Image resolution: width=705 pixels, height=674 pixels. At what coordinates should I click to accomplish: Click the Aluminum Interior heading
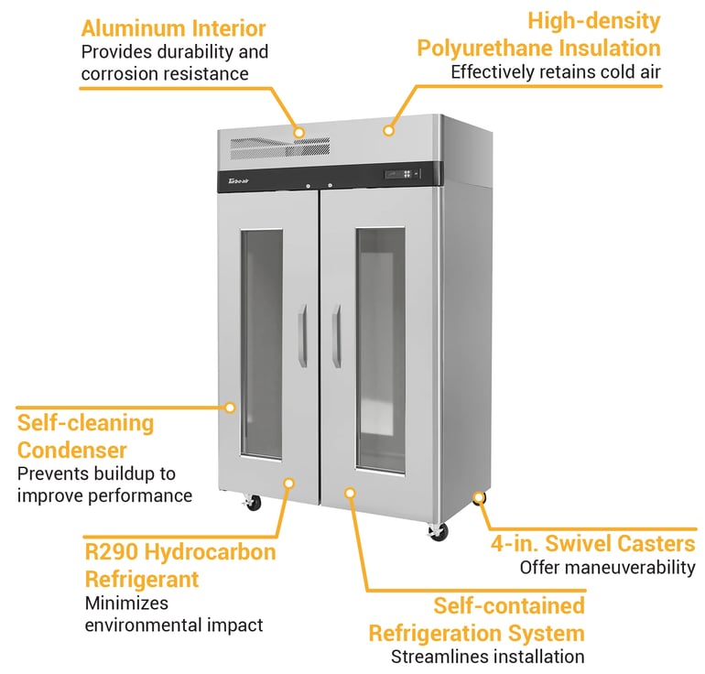[x=173, y=29]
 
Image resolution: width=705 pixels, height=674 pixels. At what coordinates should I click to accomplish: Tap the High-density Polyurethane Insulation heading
[x=538, y=34]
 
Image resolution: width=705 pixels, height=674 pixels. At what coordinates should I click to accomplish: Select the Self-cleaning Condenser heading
[x=85, y=437]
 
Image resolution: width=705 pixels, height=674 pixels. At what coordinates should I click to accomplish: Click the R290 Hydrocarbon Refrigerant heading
[x=179, y=566]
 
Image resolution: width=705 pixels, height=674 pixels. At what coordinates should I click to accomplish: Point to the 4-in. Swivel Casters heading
[x=593, y=544]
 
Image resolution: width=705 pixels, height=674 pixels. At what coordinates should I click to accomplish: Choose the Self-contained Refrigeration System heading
[x=476, y=619]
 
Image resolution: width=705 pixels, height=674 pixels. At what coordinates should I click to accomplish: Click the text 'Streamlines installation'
[x=487, y=657]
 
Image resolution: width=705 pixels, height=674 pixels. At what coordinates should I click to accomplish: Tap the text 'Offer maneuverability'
[x=607, y=568]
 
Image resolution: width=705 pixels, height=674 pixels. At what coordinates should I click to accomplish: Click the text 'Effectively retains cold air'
[x=555, y=71]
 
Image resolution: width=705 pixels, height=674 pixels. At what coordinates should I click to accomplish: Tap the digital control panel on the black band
[x=403, y=174]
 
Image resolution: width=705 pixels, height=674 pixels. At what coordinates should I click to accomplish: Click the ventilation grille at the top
[x=280, y=147]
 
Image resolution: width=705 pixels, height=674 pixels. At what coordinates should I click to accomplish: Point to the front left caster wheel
[x=253, y=503]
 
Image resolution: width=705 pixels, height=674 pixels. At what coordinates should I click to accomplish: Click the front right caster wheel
[x=438, y=532]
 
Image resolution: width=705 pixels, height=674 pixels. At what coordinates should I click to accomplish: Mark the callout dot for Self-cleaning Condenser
[x=231, y=407]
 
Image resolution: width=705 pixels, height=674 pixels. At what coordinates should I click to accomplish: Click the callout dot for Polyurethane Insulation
[x=388, y=131]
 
